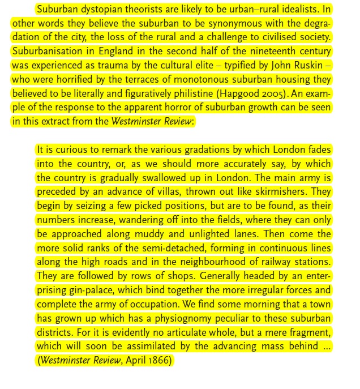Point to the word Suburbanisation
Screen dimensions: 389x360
(46, 51)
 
